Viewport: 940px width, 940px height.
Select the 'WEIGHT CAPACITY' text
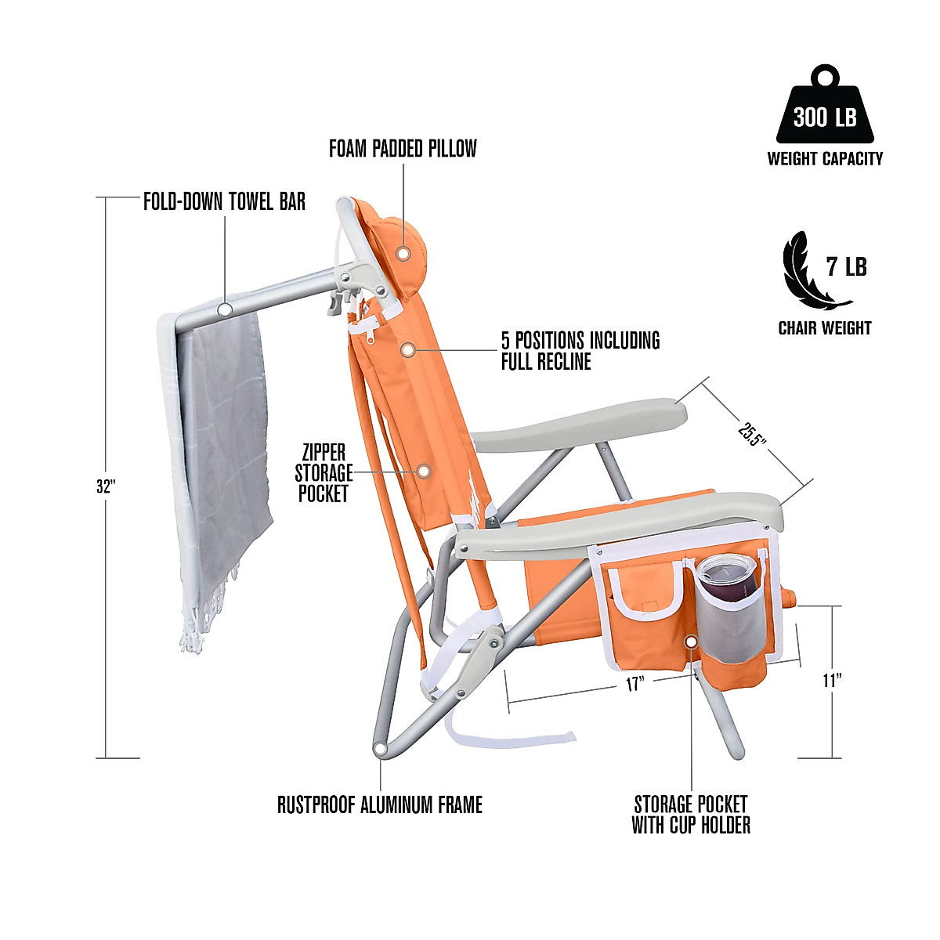tap(825, 159)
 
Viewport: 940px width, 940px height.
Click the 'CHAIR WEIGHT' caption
tap(824, 328)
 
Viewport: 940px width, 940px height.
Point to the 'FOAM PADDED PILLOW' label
tap(403, 149)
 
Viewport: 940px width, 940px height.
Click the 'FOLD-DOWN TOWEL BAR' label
tap(224, 202)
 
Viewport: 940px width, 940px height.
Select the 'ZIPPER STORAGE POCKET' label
tap(324, 473)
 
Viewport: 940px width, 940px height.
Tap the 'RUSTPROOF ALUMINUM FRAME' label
tap(380, 804)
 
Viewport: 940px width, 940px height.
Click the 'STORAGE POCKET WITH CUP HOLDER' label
tap(691, 815)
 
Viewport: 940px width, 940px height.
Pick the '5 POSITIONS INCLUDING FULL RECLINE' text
tap(580, 351)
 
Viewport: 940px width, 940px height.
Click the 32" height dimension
tap(106, 486)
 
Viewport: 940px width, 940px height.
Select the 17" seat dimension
tap(634, 684)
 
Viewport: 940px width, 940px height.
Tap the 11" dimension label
tap(832, 680)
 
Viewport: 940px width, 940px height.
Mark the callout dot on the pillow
tap(403, 254)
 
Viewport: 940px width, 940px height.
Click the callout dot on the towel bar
tap(225, 309)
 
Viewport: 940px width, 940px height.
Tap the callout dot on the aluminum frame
tap(381, 750)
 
